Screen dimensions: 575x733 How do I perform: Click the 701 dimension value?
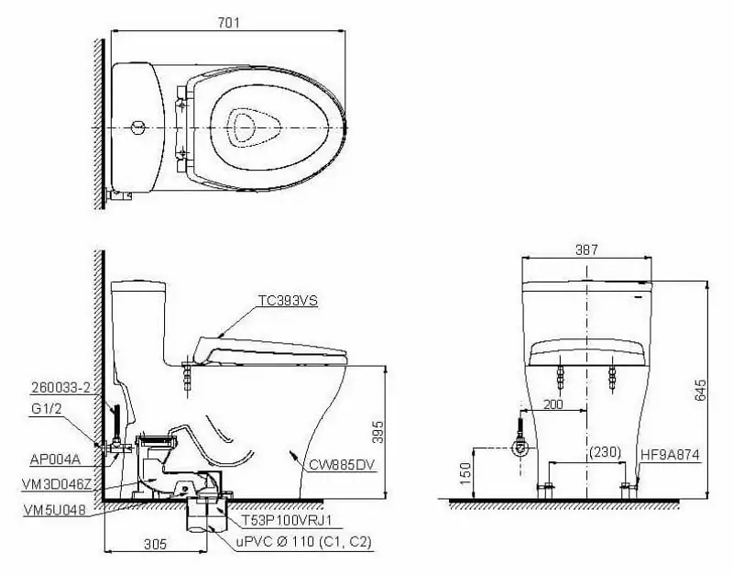(227, 23)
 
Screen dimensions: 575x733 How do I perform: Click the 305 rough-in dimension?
(156, 544)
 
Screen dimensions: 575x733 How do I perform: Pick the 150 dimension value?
(465, 472)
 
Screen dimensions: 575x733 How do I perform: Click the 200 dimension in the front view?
(552, 404)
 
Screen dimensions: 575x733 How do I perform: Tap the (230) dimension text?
(605, 452)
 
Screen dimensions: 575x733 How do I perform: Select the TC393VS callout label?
(288, 300)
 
